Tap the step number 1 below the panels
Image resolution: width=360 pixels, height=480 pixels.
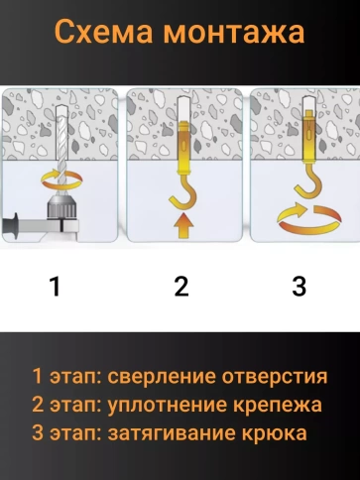pos(56,287)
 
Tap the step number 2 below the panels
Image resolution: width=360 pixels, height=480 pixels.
pos(180,287)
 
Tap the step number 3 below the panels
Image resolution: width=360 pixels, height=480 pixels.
pos(299,287)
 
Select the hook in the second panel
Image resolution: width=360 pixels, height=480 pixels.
pos(181,179)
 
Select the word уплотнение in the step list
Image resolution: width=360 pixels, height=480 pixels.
pos(169,405)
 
